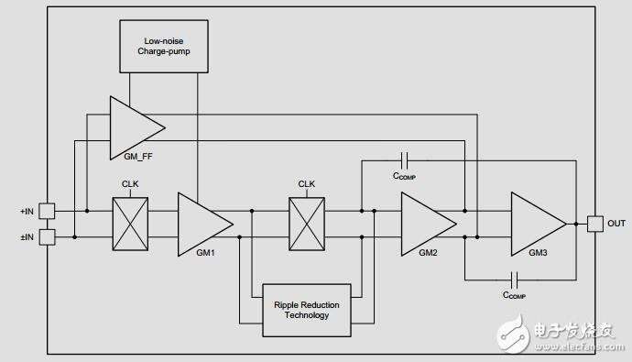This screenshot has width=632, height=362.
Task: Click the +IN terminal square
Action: pos(48,211)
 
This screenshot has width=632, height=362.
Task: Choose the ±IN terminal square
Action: pos(48,236)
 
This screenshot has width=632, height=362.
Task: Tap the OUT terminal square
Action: pos(594,223)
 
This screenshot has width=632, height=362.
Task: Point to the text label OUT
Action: pos(616,223)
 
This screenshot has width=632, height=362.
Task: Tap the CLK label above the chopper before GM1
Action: pos(130,183)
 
